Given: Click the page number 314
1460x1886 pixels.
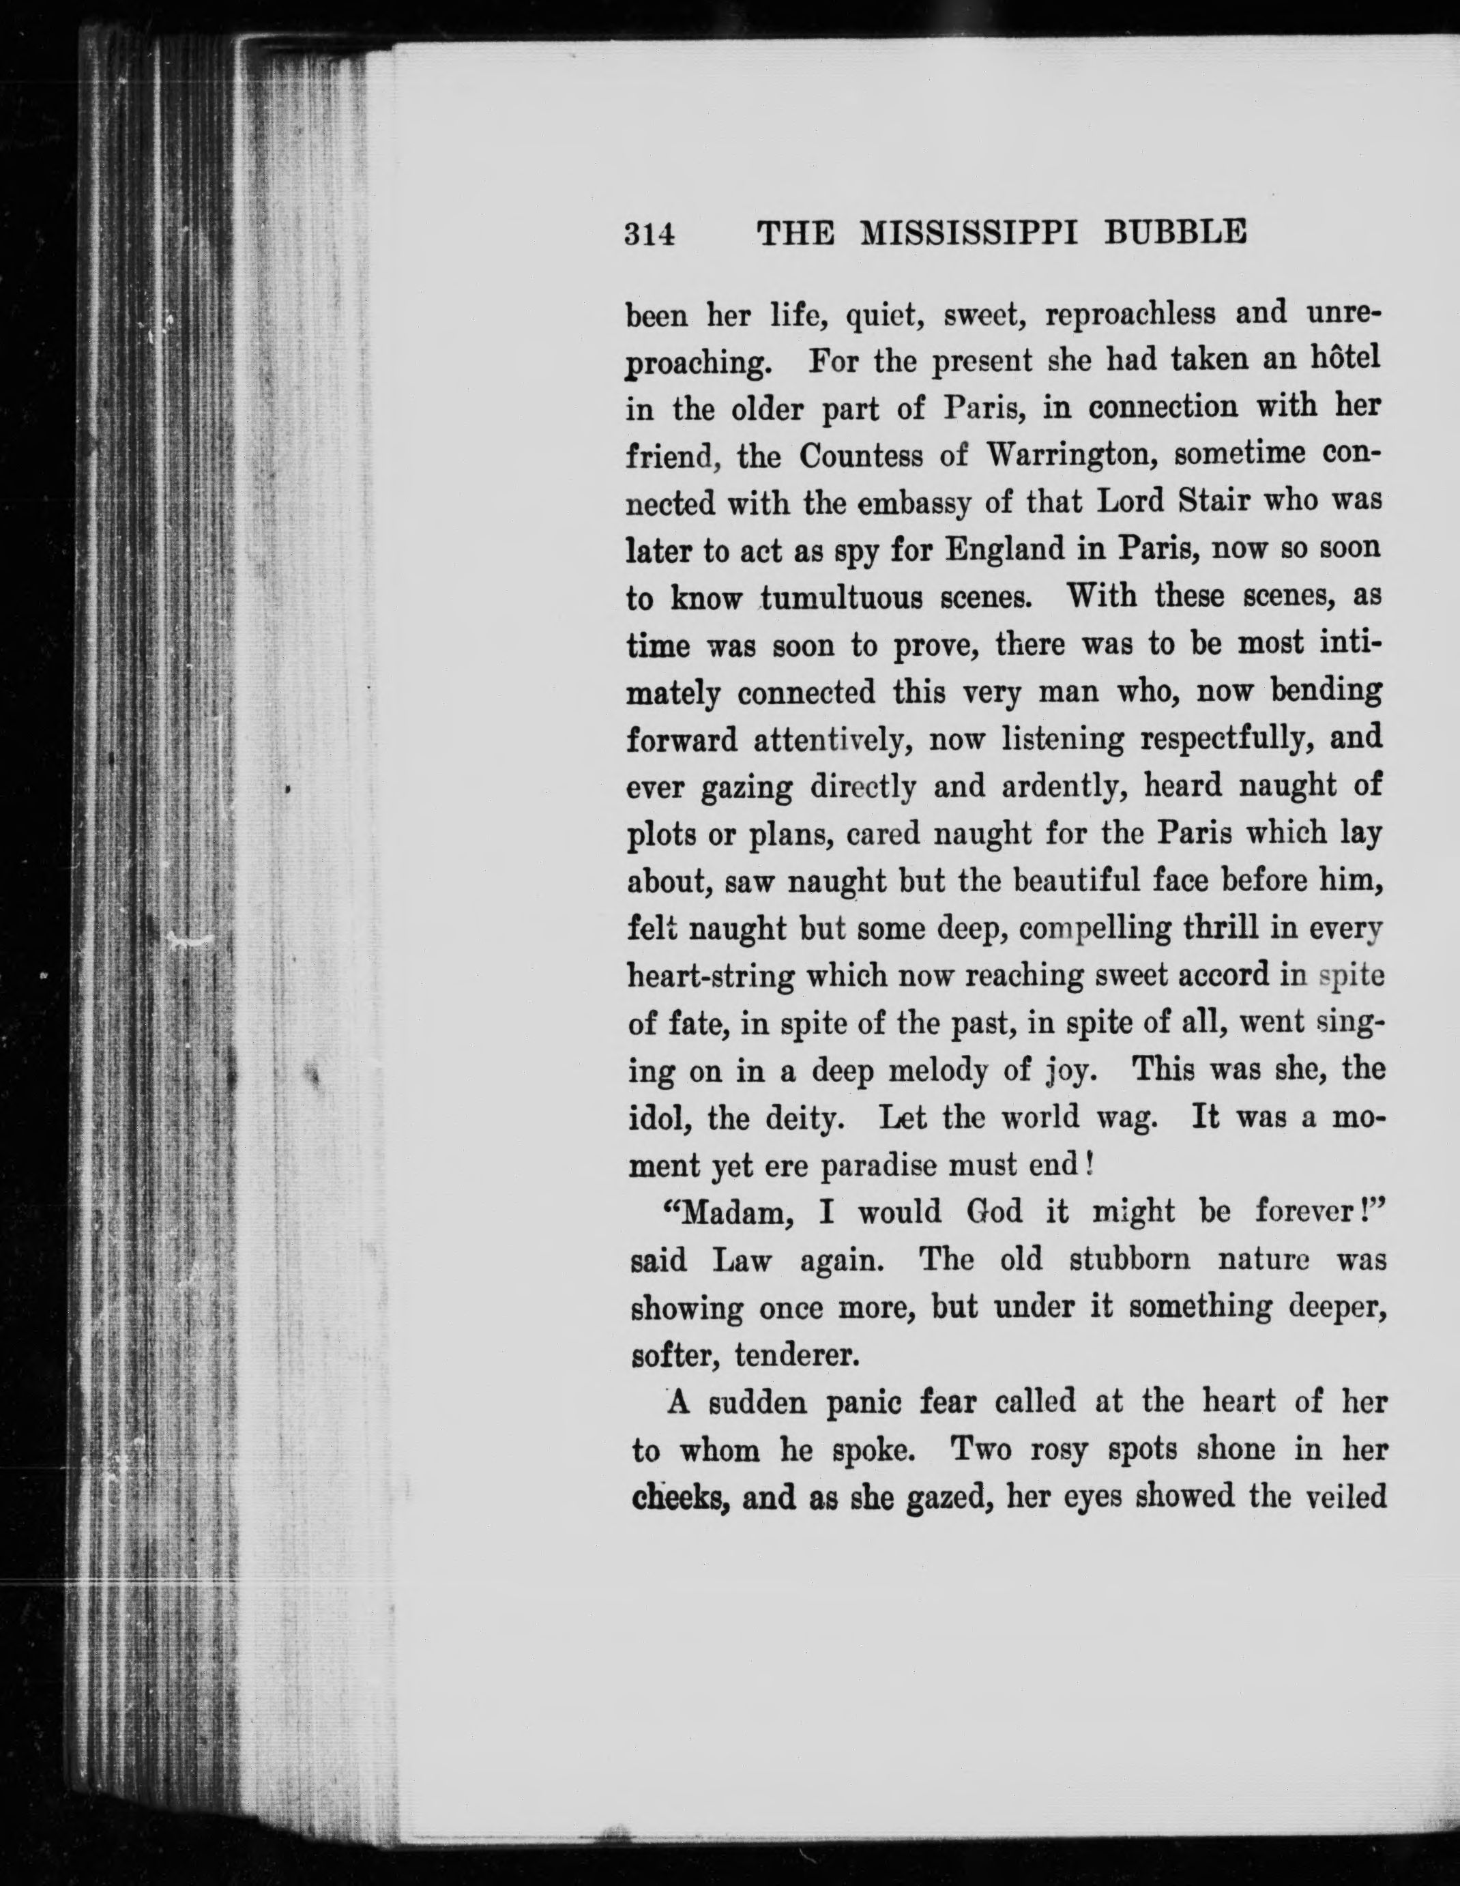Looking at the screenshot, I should (x=649, y=235).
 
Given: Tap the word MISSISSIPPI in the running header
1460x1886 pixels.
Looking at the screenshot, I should (x=970, y=233).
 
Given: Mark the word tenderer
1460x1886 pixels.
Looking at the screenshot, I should (x=797, y=1356).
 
